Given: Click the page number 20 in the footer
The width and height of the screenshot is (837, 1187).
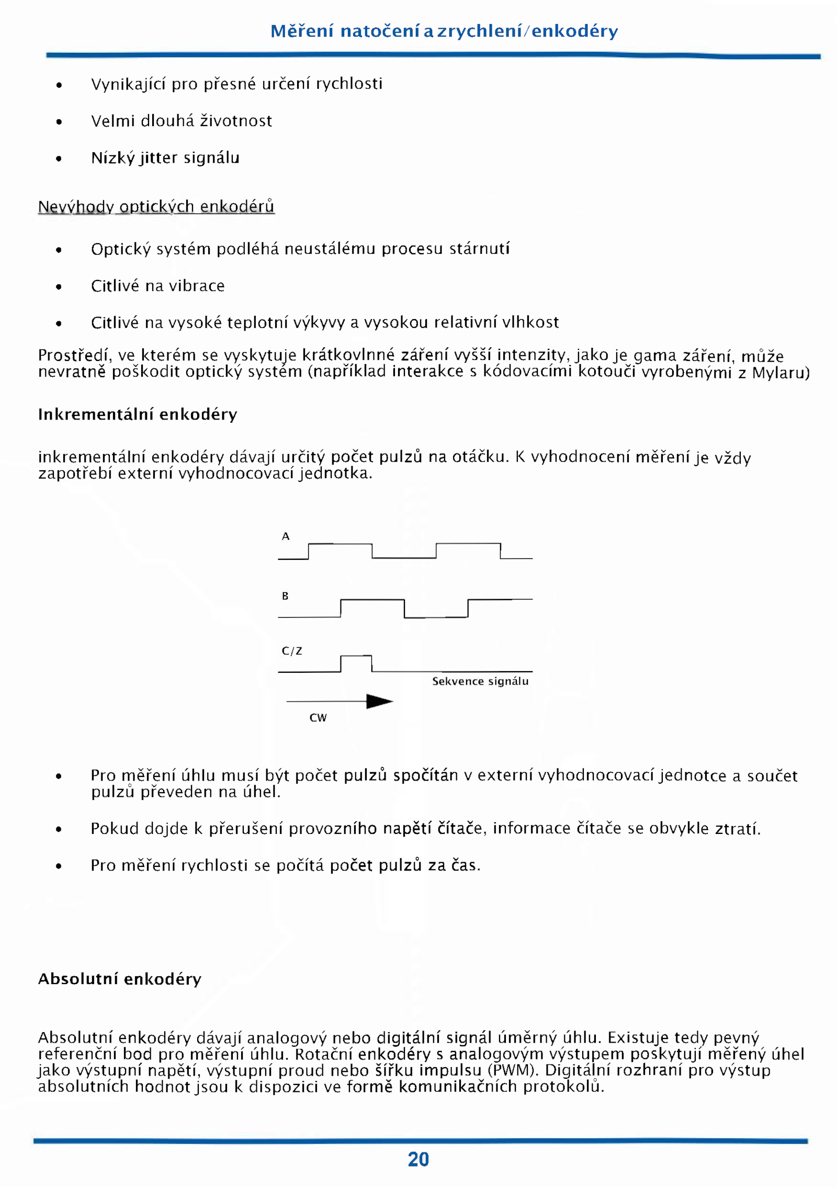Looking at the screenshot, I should coord(418,1159).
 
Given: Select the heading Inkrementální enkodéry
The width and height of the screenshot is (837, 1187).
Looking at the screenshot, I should coord(138,414).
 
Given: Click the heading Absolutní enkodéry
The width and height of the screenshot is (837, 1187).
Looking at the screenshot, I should coord(120,978).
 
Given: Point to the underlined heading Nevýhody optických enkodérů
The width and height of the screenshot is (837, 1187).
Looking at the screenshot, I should coord(156,207).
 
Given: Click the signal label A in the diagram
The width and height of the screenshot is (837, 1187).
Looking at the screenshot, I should coord(286,536).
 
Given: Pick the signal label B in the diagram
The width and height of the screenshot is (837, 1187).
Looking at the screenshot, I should coord(285,596).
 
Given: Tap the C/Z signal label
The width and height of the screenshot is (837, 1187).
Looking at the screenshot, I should coord(292,651).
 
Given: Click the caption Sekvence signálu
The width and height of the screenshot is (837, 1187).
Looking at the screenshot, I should coord(480,681).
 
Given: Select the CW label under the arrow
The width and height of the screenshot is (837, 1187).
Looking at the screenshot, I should coord(318,718).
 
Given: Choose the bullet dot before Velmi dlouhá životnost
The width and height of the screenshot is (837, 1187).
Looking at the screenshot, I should coord(59,122).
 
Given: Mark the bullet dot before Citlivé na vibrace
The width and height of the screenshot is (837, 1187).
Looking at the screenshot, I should coord(59,287).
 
